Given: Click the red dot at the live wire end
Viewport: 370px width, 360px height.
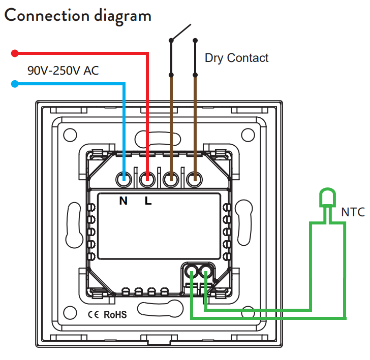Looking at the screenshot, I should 15,53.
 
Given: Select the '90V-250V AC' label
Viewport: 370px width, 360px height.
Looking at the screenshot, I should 63,71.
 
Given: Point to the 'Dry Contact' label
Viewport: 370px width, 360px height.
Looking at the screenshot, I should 236,58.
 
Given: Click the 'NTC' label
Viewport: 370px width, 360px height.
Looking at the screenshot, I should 353,212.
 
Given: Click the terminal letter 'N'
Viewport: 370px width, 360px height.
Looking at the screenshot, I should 124,201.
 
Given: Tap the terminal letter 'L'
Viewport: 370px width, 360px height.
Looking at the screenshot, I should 148,201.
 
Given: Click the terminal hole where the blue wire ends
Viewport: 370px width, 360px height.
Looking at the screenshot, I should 124,179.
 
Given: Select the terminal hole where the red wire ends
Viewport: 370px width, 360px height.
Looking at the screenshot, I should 148,179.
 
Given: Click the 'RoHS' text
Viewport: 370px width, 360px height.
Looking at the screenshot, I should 115,314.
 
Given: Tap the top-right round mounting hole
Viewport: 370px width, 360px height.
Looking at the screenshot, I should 248,135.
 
